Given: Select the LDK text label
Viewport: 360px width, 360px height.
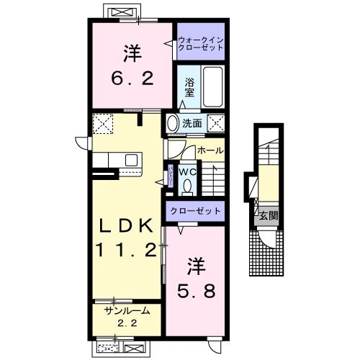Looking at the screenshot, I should coord(127,226).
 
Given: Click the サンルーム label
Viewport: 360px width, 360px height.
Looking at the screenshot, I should coord(126,310).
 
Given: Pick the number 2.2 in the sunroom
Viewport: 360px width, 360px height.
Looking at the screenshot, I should coord(126,323).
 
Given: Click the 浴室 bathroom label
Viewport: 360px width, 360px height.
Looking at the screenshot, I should coord(190,86).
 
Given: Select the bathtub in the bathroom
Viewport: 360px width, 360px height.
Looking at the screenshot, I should coord(212,87).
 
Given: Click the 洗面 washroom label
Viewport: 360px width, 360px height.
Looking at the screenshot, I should coord(191,123).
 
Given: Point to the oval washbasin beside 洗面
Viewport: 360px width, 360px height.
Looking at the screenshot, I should coord(172,123).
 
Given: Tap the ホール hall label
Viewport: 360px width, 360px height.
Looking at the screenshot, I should coord(210,150).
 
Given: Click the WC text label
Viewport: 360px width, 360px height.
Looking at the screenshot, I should coord(187,172).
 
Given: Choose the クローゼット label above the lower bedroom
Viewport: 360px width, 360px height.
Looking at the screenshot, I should coord(196,210).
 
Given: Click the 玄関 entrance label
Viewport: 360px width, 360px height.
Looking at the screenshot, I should coord(266,215).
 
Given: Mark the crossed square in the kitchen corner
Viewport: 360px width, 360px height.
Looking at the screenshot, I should coord(103,124).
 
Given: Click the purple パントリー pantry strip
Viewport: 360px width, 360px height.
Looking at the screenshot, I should coord(170,175).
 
